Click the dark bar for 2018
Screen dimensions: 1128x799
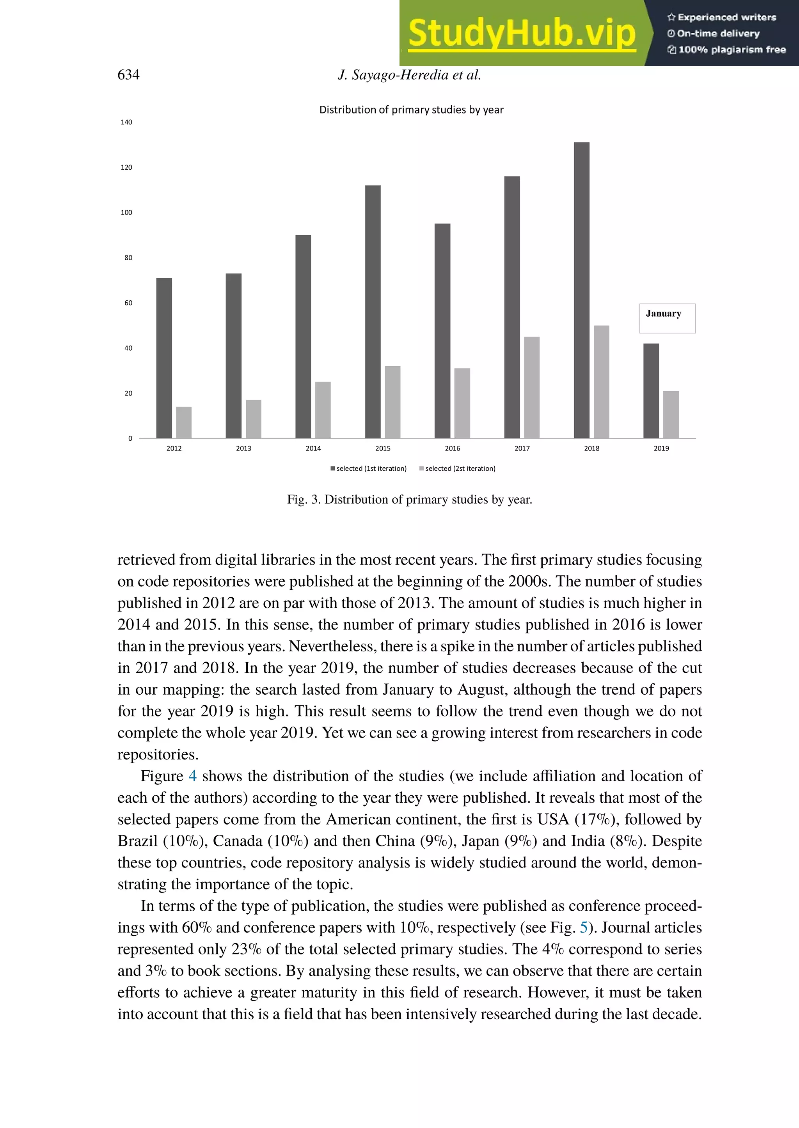pos(582,290)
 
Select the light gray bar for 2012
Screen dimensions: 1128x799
pos(183,422)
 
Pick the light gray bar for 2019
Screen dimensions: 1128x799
pos(671,414)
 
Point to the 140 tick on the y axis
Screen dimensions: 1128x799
pos(126,122)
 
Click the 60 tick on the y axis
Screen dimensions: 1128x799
pos(128,303)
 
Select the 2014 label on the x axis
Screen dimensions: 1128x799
pos(313,448)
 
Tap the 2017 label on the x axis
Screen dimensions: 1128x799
pos(522,448)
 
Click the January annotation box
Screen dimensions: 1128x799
pos(667,318)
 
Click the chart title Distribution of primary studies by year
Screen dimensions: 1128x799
pos(411,110)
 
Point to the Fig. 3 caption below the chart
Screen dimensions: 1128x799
pos(409,499)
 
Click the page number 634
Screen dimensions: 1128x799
pos(128,75)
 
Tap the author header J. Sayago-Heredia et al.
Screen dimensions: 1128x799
pos(409,75)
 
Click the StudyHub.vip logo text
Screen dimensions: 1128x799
pos(522,34)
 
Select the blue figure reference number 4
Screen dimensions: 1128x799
pos(192,776)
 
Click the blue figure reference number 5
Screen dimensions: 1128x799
pos(584,927)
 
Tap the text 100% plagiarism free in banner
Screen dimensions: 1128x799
pos(731,50)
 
